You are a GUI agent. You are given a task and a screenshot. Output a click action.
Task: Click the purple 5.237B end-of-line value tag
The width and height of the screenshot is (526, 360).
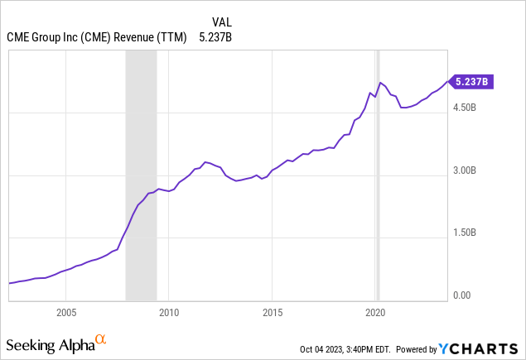click(473, 81)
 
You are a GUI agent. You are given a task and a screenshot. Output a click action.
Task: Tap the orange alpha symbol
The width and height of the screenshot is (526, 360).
click(101, 339)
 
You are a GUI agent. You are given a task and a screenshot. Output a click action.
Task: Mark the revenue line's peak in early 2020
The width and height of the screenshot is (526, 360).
click(380, 83)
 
